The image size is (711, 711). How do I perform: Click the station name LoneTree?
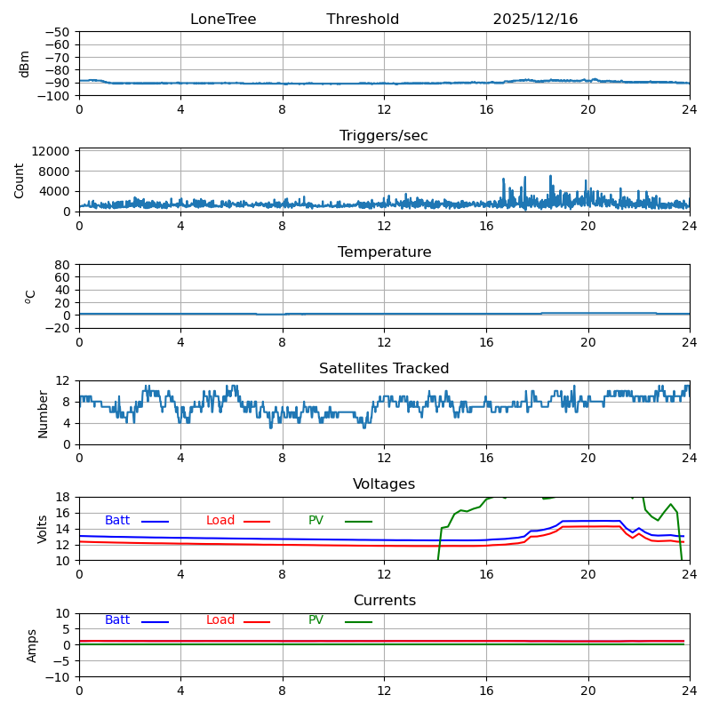click(223, 20)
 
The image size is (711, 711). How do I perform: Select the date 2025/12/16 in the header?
click(535, 20)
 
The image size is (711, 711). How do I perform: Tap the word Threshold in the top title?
click(363, 20)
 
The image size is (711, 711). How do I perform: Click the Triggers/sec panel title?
click(384, 136)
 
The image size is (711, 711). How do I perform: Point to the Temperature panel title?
click(384, 252)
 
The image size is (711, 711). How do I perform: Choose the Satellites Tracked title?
click(384, 369)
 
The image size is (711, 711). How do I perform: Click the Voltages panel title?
click(384, 484)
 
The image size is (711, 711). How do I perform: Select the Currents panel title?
click(384, 601)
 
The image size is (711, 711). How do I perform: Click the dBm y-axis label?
click(25, 63)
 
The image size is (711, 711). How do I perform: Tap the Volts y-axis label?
click(43, 529)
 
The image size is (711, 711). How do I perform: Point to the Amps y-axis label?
click(33, 645)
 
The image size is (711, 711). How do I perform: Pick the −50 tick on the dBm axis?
click(57, 32)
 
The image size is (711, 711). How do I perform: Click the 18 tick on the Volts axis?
click(65, 497)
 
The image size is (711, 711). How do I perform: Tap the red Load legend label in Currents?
click(220, 620)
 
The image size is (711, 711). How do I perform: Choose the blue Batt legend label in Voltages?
click(117, 521)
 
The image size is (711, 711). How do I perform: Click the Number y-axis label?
click(43, 413)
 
